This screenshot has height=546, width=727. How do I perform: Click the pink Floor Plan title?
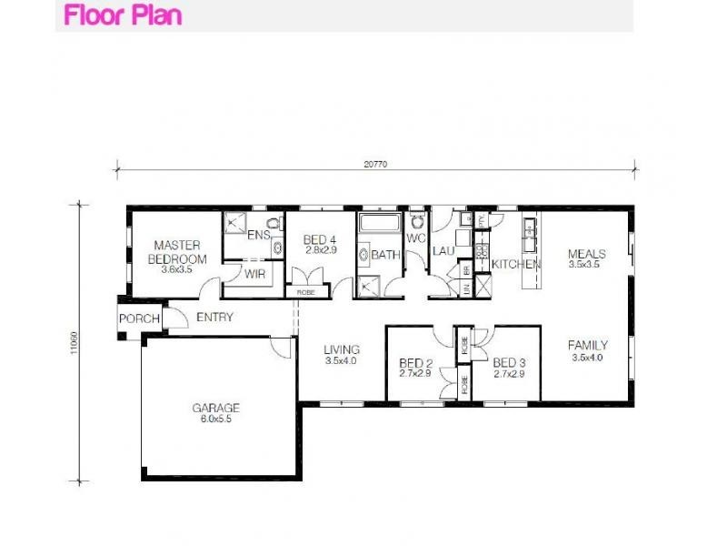pyautogui.click(x=123, y=15)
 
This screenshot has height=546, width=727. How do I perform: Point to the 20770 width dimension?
pyautogui.click(x=375, y=165)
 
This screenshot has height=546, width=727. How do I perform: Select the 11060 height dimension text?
pyautogui.click(x=74, y=343)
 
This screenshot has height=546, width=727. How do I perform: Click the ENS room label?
pyautogui.click(x=259, y=235)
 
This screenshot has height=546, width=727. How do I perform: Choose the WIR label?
pyautogui.click(x=254, y=272)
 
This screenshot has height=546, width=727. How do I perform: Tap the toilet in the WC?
pyautogui.click(x=416, y=220)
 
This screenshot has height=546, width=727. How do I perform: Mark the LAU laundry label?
pyautogui.click(x=443, y=251)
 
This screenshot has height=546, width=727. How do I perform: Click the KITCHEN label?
pyautogui.click(x=515, y=264)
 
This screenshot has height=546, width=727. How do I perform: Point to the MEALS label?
pyautogui.click(x=586, y=254)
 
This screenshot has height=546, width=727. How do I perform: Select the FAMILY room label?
pyautogui.click(x=587, y=346)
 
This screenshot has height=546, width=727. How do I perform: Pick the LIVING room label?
pyautogui.click(x=342, y=349)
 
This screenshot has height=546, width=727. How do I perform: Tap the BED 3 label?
pyautogui.click(x=510, y=362)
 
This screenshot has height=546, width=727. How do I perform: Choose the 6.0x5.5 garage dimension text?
pyautogui.click(x=215, y=420)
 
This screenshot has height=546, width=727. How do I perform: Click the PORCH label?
pyautogui.click(x=139, y=318)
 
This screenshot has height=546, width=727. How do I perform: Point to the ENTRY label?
pyautogui.click(x=214, y=318)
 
